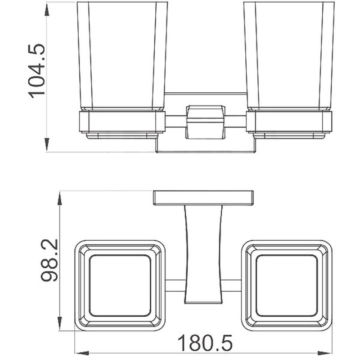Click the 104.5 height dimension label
36,71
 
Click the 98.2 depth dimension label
49,261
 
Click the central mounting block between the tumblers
205,122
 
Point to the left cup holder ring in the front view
122,121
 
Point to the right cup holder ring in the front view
289,121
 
